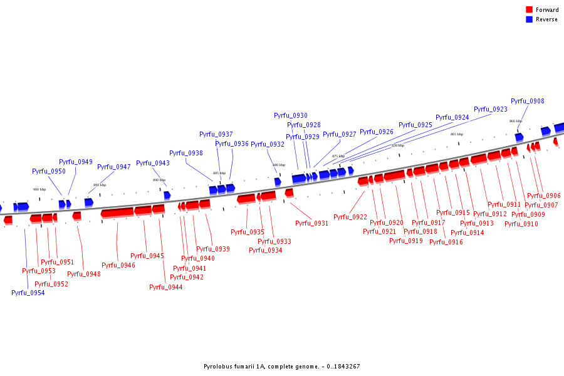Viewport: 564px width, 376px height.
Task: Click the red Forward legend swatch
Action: tap(529, 9)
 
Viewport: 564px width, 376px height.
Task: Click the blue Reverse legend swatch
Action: tap(529, 19)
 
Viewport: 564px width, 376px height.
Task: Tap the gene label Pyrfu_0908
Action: tap(527, 101)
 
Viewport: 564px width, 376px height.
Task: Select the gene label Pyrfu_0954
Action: tap(28, 293)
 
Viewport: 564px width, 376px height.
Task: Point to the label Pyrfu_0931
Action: tap(311, 223)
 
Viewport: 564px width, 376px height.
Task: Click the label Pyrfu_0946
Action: tap(118, 265)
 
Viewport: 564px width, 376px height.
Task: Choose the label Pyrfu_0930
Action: tap(291, 115)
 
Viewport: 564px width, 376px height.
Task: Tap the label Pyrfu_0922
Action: tap(350, 217)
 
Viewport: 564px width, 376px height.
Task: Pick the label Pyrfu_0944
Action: tap(166, 287)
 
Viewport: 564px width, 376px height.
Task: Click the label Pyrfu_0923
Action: tap(491, 109)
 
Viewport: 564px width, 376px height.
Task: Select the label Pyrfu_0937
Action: tap(216, 134)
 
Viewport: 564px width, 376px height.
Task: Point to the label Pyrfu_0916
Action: tap(446, 242)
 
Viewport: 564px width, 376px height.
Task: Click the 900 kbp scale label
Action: tap(39, 189)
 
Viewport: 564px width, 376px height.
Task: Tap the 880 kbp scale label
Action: tap(279, 165)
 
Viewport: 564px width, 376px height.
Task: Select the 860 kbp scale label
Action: tap(516, 121)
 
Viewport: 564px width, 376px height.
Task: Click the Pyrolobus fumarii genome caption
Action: tap(281, 367)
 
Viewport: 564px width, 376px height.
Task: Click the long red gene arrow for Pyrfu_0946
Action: tap(117, 212)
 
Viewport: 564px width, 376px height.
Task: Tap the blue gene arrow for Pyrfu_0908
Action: tap(519, 137)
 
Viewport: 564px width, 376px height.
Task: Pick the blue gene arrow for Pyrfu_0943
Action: tap(167, 195)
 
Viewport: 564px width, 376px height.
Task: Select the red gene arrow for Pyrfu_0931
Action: tap(289, 192)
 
